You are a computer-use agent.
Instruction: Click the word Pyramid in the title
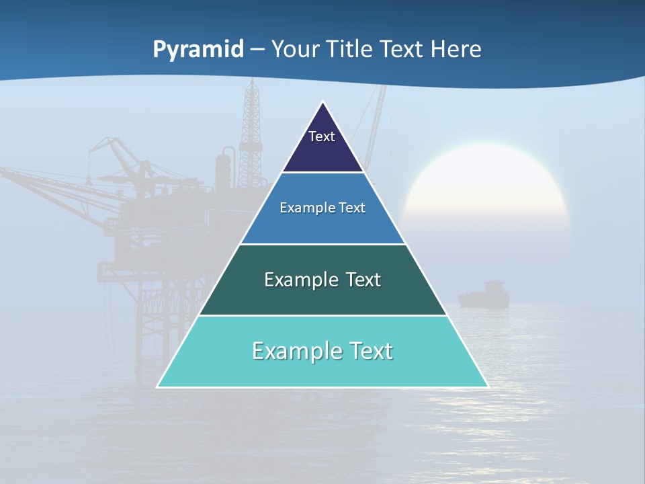tap(198, 50)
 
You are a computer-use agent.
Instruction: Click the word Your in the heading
tap(295, 49)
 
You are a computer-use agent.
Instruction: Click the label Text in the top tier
tap(322, 136)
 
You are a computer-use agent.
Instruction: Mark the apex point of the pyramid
tap(322, 102)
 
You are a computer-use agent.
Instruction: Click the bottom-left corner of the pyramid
tap(158, 387)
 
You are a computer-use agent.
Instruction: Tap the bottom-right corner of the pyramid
tap(487, 387)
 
